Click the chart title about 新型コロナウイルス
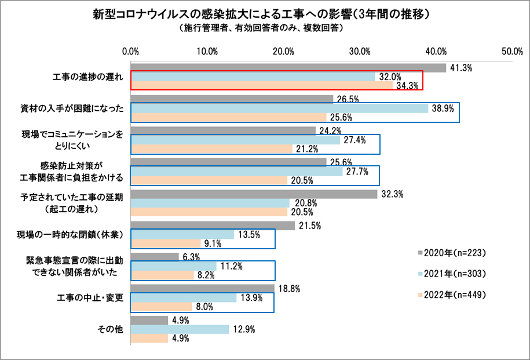coord(265,13)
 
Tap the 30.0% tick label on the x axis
coord(360,51)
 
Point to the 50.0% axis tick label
coord(512,51)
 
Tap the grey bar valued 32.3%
coord(254,194)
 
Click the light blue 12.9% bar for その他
coord(180,329)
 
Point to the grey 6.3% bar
coord(155,257)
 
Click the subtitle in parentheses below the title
coord(264,27)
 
